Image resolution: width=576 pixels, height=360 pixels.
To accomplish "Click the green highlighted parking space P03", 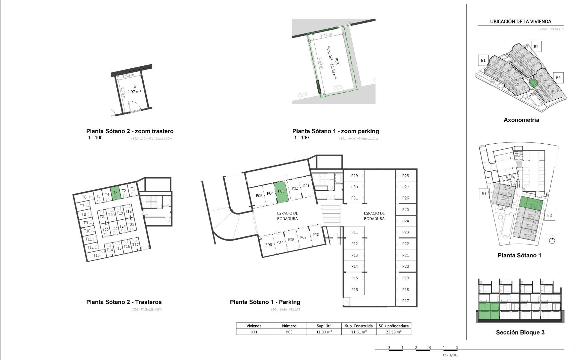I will coord(281,192).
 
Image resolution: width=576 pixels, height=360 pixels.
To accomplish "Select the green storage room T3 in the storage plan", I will coord(115,193).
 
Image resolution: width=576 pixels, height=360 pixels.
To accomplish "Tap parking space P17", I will coord(406,301).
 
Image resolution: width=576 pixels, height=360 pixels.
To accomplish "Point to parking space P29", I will coord(354,176).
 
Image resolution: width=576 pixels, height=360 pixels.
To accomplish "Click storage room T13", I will coord(96,255).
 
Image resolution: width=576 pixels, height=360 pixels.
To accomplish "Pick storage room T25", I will coord(131,224).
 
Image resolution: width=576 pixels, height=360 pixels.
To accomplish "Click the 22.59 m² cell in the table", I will coord(394,332).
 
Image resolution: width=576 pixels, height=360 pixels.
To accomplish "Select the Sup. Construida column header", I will coord(358,326).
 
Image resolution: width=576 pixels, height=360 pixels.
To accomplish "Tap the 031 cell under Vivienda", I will coord(254,332).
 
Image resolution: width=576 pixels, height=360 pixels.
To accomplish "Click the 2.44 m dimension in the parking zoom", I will coord(326,35).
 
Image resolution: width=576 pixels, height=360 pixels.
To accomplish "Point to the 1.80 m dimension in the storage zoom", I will coord(128,76).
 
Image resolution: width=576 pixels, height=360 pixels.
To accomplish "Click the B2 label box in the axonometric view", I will coord(536,46).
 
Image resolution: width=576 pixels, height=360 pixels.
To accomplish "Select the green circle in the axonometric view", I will coord(533,83).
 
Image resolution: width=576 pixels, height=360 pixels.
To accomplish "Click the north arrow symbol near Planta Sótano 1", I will coord(552,240).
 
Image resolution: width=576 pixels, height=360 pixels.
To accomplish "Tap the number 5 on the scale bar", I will coord(457,347).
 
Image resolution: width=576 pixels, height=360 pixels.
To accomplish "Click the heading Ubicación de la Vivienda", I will coord(520,22).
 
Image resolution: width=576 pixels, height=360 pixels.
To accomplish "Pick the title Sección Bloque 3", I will coord(520,332).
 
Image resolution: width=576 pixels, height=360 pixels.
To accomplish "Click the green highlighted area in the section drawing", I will coord(489,311).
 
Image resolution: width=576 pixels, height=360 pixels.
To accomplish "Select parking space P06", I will coord(268,244).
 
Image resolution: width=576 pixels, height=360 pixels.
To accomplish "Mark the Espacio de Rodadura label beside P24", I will coord(374,216).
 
